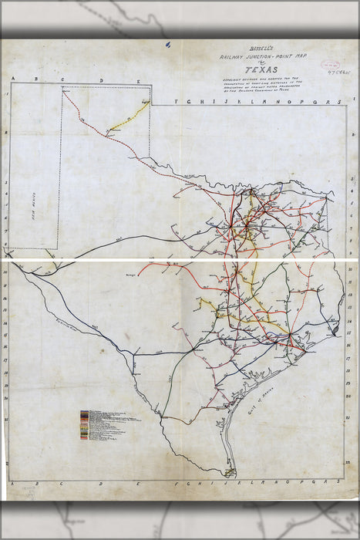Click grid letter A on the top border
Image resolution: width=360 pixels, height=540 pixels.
point(12,80)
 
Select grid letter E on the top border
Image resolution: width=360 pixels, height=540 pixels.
point(138,80)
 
